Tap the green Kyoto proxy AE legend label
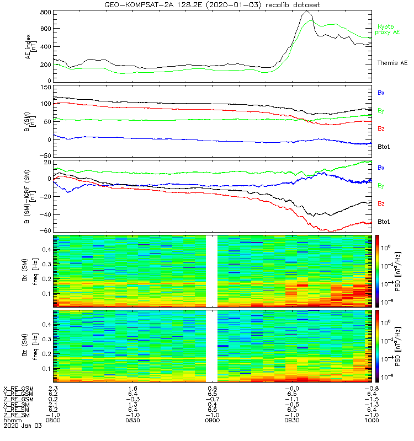coord(389,29)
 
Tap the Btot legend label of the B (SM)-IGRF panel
coord(383,222)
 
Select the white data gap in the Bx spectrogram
coord(211,271)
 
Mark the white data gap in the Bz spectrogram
coord(211,346)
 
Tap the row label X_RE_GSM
coord(18,389)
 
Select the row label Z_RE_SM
coord(17,415)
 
